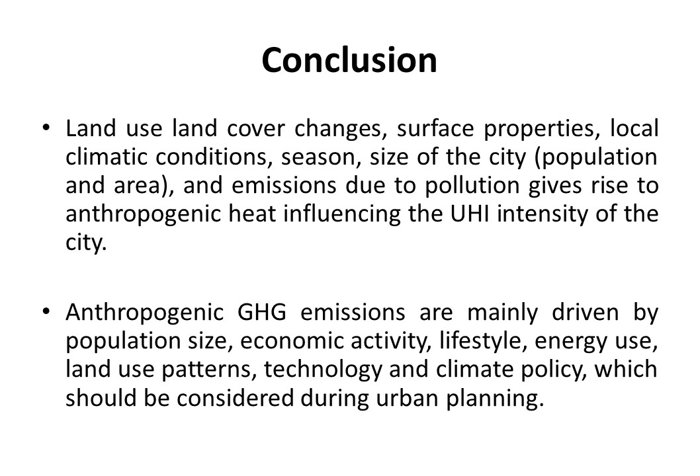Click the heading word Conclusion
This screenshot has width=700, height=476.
tap(349, 60)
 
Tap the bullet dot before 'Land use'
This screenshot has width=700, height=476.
tap(46, 128)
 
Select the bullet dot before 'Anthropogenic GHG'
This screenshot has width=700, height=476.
tap(46, 311)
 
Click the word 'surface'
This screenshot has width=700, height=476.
tap(435, 128)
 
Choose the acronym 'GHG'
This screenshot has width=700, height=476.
tap(261, 312)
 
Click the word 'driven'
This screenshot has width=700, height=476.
tap(586, 312)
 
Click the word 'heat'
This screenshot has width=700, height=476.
tap(253, 214)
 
